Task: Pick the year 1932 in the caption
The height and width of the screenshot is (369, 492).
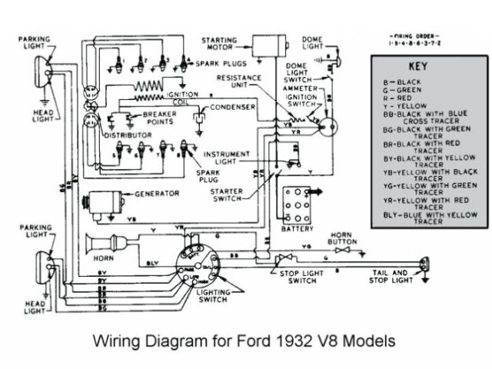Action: point(293,339)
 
